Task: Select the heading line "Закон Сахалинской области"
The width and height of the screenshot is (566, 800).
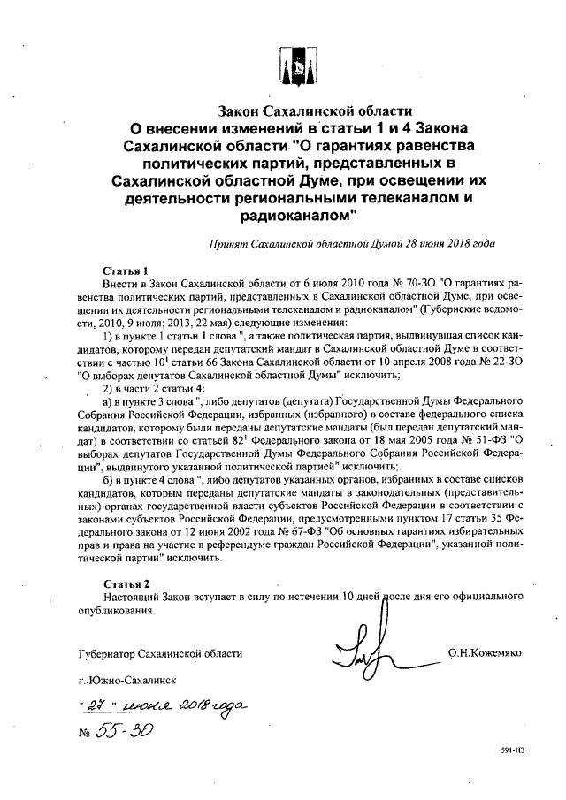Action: pos(317,111)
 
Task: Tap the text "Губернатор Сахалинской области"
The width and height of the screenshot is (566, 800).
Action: pos(159,652)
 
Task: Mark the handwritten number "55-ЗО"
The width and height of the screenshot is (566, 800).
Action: pos(125,734)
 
